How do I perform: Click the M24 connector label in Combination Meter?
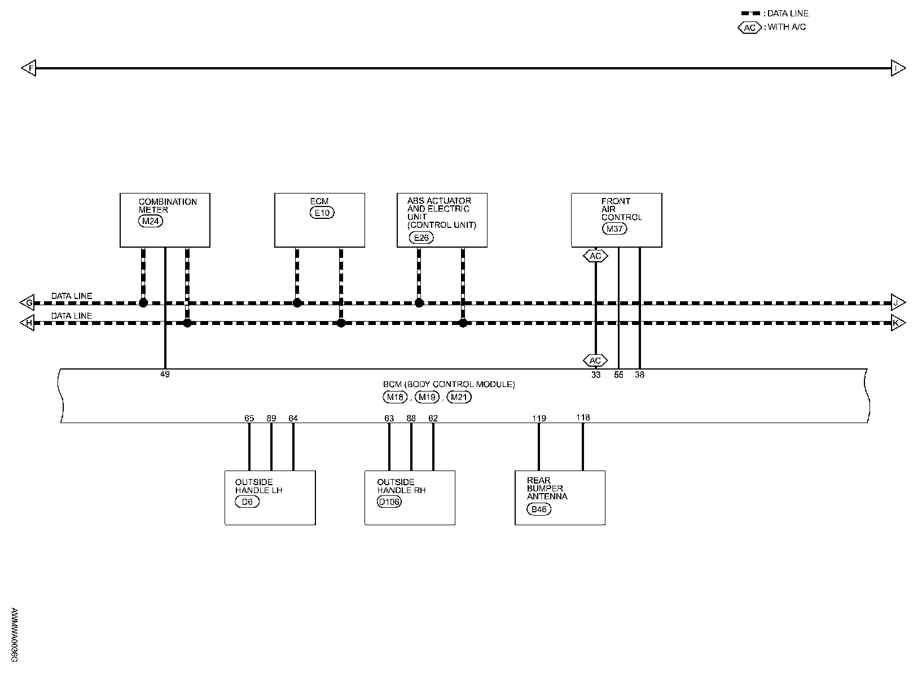(x=150, y=221)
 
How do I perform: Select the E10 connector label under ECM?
(x=322, y=213)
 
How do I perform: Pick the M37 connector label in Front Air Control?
(x=614, y=228)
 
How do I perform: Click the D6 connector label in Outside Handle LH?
(x=247, y=502)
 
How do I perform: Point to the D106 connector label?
(x=389, y=502)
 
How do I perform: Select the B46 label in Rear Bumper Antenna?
(x=539, y=509)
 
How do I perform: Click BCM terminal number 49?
(x=165, y=374)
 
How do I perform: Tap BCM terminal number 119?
(x=539, y=419)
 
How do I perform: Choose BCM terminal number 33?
(x=596, y=375)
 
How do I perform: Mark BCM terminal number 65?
(x=249, y=418)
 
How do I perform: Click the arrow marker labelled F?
(x=28, y=68)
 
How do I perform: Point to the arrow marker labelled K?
(x=898, y=323)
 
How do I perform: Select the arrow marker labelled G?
(x=27, y=303)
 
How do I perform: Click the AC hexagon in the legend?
(x=749, y=28)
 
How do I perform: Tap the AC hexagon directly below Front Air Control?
(x=595, y=256)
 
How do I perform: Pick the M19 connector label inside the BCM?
(x=427, y=397)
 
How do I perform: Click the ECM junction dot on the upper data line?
(x=297, y=303)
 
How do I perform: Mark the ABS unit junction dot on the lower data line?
(x=463, y=323)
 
